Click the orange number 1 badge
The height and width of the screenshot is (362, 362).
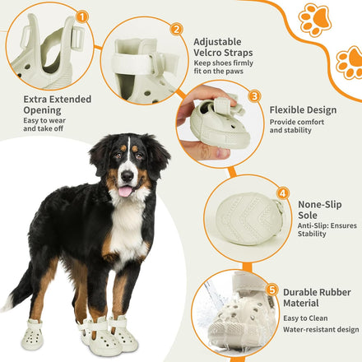(82, 17)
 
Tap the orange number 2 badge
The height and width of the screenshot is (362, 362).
(176, 30)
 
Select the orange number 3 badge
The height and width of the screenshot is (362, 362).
(255, 96)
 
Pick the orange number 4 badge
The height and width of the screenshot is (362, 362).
(283, 193)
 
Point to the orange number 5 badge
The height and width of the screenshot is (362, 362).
(271, 290)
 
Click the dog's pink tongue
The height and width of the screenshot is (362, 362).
(125, 192)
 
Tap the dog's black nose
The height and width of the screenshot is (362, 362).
(128, 176)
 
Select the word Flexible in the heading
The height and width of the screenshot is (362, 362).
(286, 110)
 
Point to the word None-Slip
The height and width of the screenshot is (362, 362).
(320, 205)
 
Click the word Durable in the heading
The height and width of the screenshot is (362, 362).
(301, 292)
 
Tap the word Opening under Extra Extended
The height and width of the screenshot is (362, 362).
(42, 110)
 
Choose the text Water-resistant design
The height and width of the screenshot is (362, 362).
(321, 329)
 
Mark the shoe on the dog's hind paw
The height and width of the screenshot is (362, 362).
(33, 334)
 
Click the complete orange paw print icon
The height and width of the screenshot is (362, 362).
(315, 20)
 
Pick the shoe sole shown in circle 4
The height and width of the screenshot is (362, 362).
(249, 219)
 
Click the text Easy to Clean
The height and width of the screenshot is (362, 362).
(305, 318)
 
